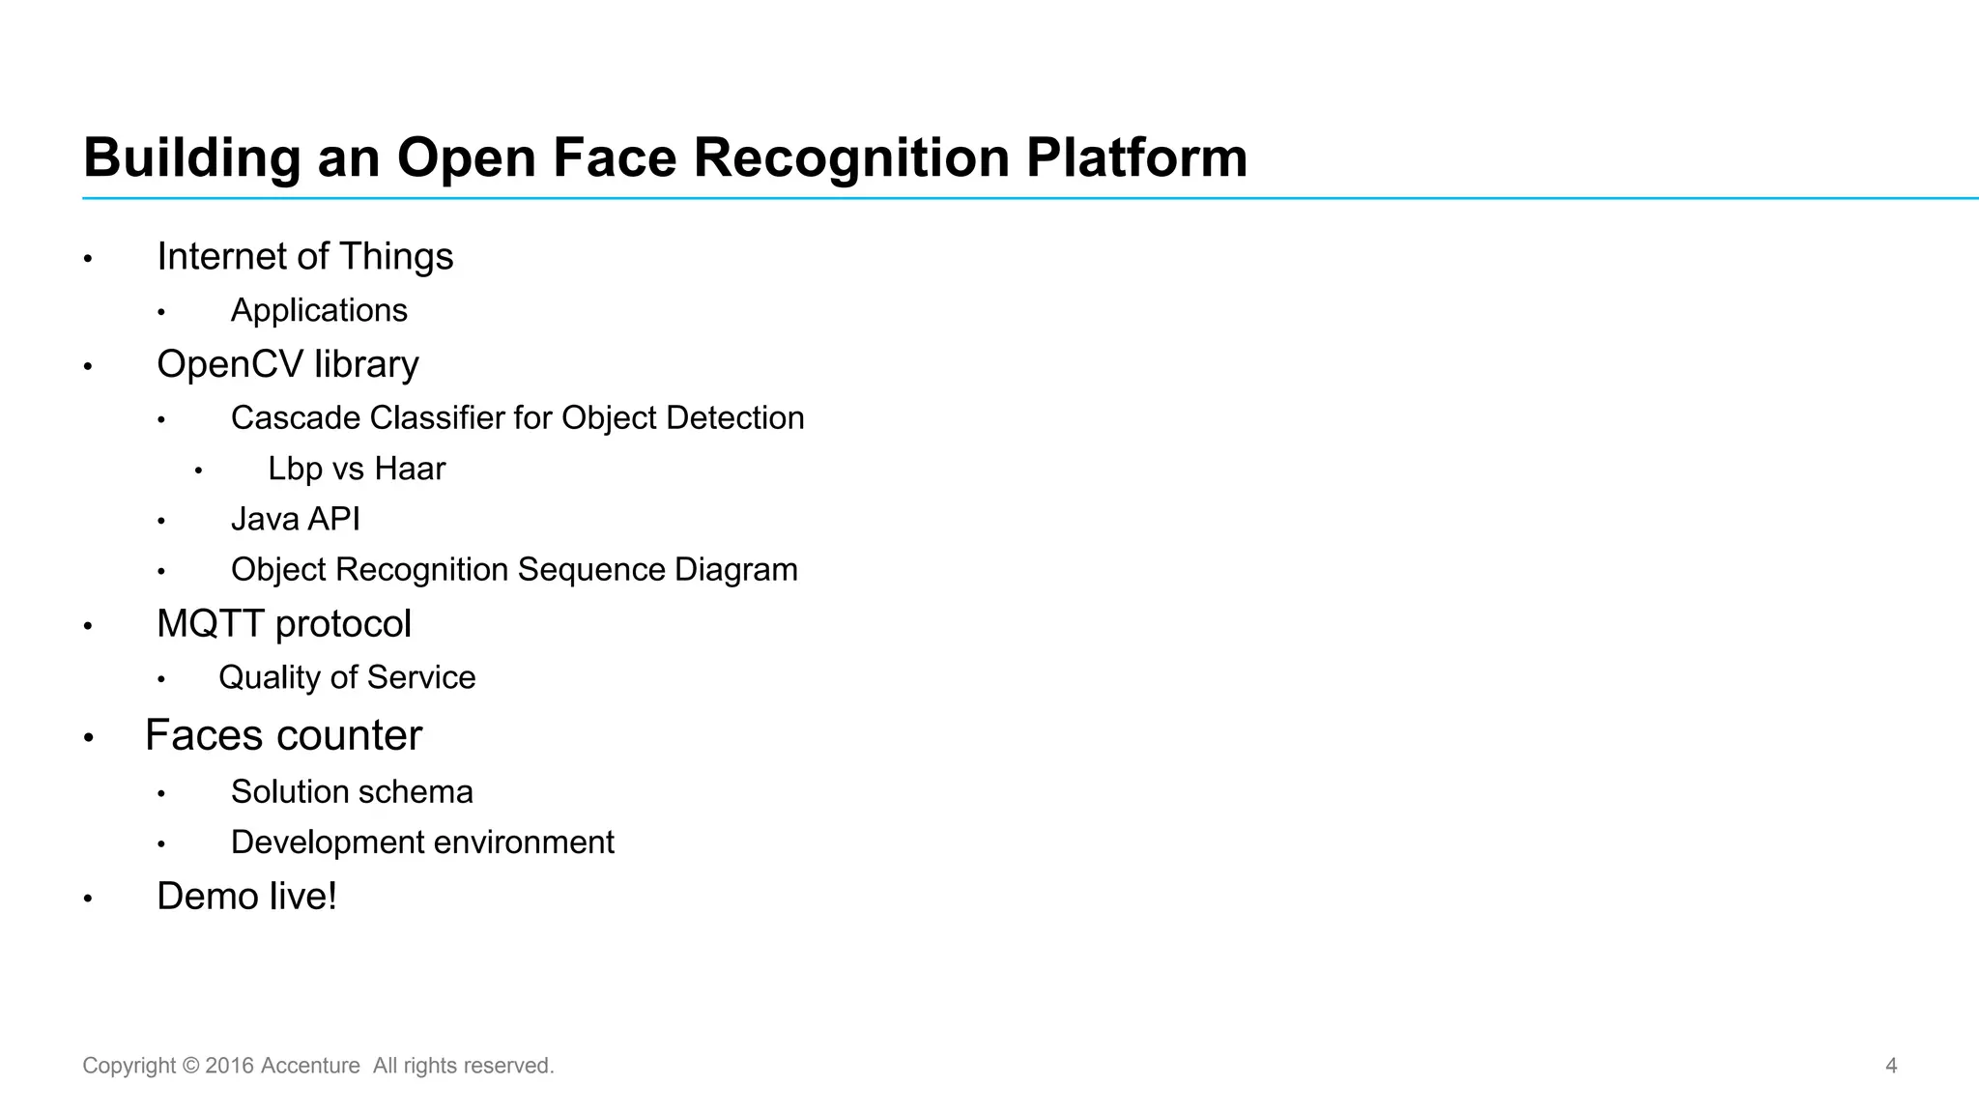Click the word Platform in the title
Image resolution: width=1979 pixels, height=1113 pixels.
point(1136,157)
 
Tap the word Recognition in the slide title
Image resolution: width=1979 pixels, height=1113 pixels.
point(851,157)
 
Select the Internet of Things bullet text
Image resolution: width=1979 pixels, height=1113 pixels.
point(304,257)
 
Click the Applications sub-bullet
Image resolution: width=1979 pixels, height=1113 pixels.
point(319,311)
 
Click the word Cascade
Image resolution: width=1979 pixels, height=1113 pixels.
point(296,418)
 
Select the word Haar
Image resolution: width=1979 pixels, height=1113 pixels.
point(410,470)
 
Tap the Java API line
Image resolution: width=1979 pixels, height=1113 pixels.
point(295,520)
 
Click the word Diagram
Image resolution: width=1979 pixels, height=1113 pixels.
point(735,570)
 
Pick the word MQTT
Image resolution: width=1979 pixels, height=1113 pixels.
point(212,624)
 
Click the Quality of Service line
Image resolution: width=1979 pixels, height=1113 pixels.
point(347,678)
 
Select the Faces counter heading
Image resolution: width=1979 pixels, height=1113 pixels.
point(283,736)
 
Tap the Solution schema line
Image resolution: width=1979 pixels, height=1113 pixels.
point(352,792)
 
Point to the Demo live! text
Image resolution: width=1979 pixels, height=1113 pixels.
point(246,897)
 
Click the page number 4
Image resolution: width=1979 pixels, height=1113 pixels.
point(1891,1066)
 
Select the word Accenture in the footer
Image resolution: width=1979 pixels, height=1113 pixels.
point(310,1066)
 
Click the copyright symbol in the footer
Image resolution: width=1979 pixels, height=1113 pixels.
point(190,1066)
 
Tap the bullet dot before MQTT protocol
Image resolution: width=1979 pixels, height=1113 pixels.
point(88,627)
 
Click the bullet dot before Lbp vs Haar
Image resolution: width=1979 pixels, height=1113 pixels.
point(198,471)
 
